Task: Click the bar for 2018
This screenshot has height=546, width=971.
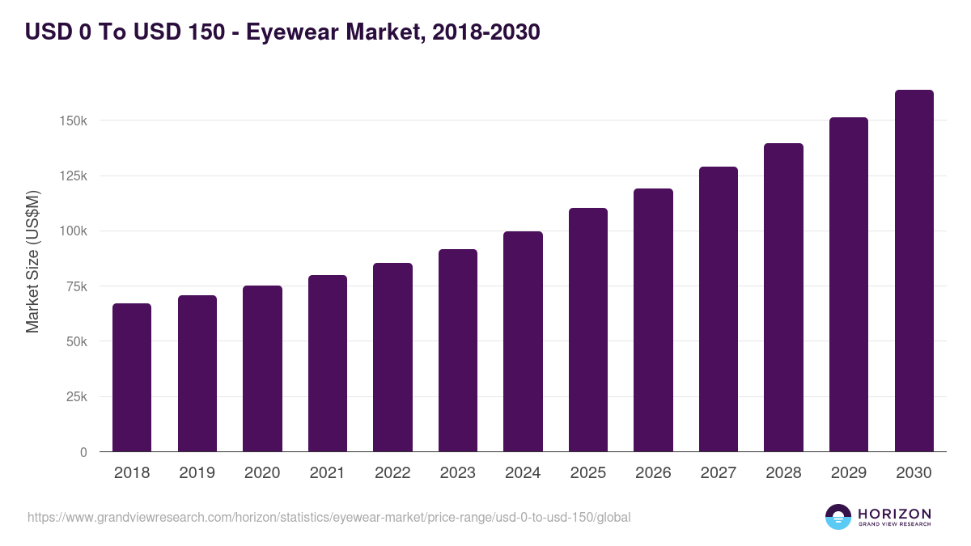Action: coord(132,378)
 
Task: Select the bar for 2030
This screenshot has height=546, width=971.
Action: coord(914,271)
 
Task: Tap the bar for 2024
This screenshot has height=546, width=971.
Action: coord(523,341)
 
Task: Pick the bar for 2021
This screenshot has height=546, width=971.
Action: coord(328,363)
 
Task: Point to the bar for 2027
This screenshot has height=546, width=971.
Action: coord(719,309)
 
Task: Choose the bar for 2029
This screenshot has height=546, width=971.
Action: coord(849,285)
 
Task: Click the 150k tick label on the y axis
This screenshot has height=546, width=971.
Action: coord(72,121)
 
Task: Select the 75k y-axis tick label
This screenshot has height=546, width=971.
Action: coord(75,286)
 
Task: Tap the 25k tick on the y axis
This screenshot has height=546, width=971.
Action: coord(75,397)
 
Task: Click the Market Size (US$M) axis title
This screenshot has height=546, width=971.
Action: coord(32,261)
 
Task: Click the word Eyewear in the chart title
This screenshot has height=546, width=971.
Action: coord(290,32)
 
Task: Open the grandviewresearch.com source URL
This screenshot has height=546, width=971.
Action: coord(329,517)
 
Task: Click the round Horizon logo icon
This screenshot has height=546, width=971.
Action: coord(838,517)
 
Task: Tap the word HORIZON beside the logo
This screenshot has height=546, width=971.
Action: coord(894,514)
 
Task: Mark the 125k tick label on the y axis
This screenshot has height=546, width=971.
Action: coord(72,176)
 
